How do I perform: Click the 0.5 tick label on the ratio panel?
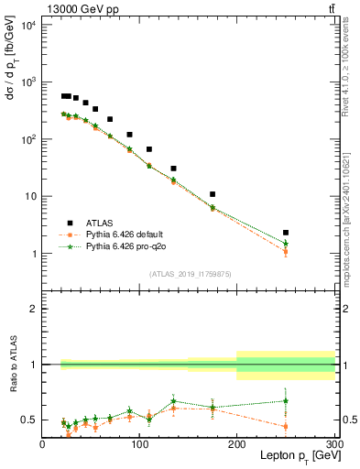29,420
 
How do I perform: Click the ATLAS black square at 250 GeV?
286,233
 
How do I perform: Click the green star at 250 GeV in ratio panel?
286,400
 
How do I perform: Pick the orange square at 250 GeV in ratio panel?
286,426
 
